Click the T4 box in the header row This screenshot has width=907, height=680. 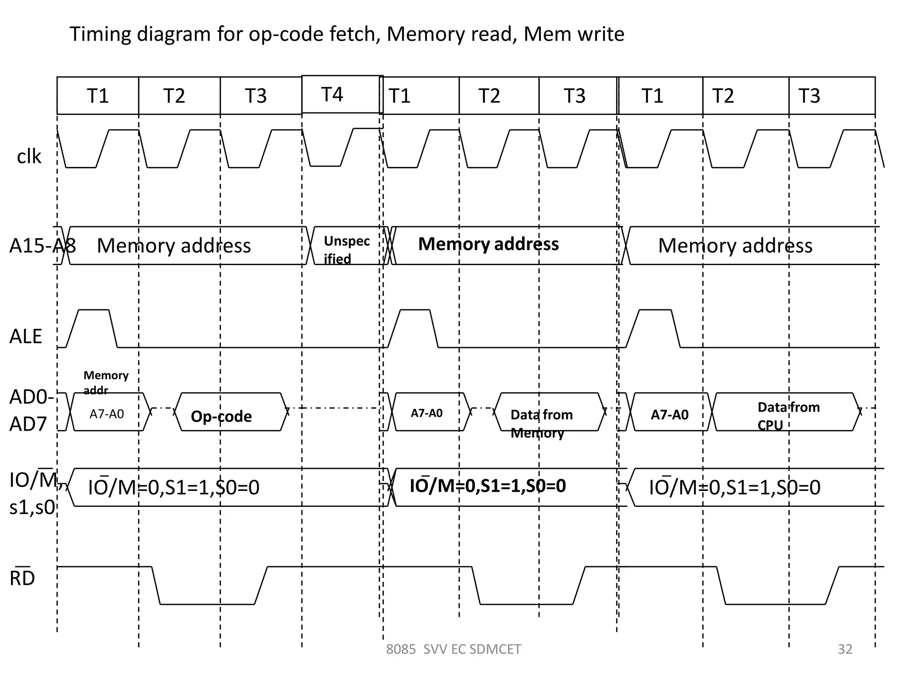click(x=341, y=94)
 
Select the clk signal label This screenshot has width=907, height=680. click(x=29, y=156)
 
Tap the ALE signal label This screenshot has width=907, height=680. click(x=26, y=336)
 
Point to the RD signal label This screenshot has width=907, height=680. click(x=22, y=578)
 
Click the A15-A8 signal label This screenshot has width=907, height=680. click(x=42, y=245)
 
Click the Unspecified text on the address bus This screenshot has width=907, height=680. click(x=346, y=250)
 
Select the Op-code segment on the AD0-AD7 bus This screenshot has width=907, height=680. click(x=221, y=416)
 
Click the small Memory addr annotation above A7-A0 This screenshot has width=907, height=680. click(x=105, y=382)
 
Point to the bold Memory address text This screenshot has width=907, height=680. click(x=488, y=244)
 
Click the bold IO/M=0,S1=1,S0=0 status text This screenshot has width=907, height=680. click(x=488, y=486)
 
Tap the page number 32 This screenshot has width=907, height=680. click(x=845, y=649)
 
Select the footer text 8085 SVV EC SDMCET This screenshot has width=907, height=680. click(x=453, y=649)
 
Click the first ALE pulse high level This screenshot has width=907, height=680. click(x=93, y=310)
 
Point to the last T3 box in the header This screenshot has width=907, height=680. click(x=831, y=96)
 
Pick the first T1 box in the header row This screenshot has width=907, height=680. click(x=97, y=96)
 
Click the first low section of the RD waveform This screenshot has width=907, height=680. click(x=207, y=604)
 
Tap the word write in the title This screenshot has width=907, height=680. click(x=604, y=34)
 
